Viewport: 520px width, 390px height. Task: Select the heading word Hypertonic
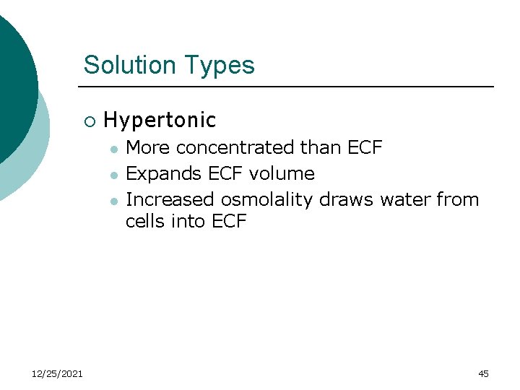click(x=160, y=120)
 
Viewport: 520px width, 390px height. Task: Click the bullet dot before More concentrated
click(x=113, y=149)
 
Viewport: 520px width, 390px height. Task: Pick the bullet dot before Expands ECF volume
click(x=113, y=175)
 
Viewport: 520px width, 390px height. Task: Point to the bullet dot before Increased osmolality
click(x=113, y=200)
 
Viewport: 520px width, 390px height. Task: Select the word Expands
click(x=155, y=174)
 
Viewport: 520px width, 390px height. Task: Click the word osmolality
click(x=267, y=199)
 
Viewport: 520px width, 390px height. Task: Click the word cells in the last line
click(x=145, y=222)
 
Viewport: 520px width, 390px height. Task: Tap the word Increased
click(x=170, y=199)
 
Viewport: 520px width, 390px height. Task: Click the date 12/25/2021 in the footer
click(x=57, y=373)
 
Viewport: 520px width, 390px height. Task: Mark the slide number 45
click(x=483, y=373)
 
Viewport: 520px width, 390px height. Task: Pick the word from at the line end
click(x=457, y=199)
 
